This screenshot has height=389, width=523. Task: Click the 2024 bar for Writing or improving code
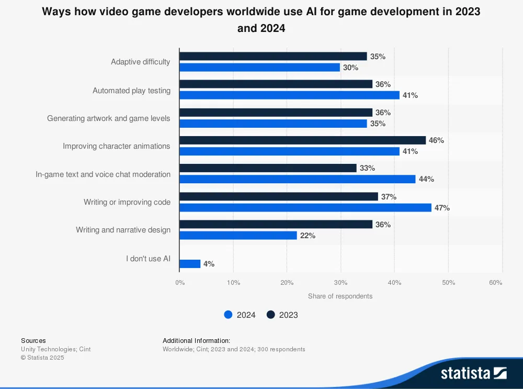coord(305,208)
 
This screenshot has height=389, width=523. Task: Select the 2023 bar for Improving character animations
coord(303,140)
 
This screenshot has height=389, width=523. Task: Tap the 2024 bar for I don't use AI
coord(190,264)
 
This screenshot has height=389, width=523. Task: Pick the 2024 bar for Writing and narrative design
coord(238,236)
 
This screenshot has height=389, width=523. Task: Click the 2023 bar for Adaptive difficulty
coord(273,57)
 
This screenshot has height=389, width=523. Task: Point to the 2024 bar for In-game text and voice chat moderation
coord(297,179)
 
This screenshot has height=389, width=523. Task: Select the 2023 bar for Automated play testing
coord(276,84)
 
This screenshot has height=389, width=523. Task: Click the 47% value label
coord(442,208)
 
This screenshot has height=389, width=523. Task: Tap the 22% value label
coord(308,236)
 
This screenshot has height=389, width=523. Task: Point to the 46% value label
coord(436,140)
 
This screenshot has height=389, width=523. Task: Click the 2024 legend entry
coord(240,315)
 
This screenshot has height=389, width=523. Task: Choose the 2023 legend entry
coord(282,315)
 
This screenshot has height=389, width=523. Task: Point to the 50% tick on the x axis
coord(448,283)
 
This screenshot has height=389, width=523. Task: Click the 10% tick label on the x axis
coord(233,283)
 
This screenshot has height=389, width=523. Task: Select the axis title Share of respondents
coord(340,296)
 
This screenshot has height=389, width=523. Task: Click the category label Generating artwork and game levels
coord(108,118)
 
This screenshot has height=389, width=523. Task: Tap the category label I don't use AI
coord(148,259)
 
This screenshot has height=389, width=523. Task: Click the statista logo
coord(473,373)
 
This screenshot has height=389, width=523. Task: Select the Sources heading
coord(33,341)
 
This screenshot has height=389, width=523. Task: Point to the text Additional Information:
coord(196,341)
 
